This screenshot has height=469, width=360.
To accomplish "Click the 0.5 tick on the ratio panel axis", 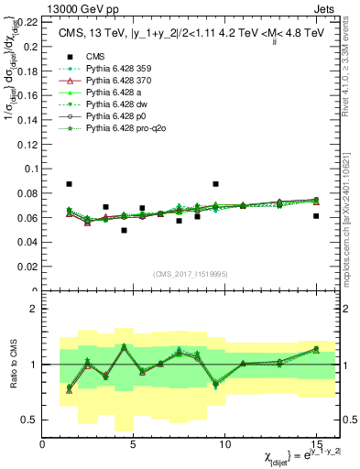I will [x=31, y=420].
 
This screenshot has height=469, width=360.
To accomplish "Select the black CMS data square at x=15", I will [x=316, y=216].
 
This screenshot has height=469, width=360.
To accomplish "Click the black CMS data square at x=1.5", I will [x=70, y=184].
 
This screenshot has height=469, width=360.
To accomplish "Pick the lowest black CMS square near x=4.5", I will [x=125, y=230].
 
